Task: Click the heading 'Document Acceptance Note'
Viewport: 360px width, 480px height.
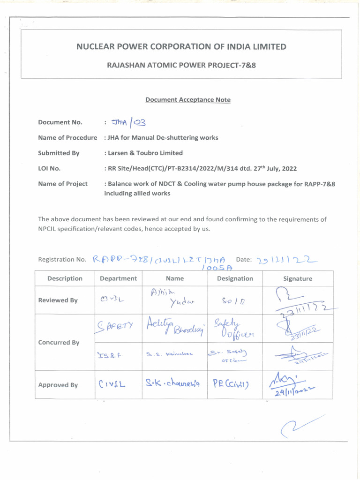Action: pos(187,100)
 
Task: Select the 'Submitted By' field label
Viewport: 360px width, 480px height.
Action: pos(59,153)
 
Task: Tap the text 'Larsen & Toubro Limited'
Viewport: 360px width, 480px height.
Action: pos(144,153)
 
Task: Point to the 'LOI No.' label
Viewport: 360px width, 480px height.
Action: pos(49,168)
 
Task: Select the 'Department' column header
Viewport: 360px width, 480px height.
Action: pos(118,278)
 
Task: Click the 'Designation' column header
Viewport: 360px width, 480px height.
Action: pos(235,278)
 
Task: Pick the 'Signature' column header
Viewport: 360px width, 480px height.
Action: pos(298,278)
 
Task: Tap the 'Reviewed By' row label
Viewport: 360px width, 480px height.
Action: pos(58,300)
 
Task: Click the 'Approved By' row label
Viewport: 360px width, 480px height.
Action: pos(58,385)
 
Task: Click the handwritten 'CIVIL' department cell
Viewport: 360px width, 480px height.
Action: pos(113,385)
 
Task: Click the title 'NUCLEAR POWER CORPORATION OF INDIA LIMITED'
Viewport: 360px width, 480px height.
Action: pos(181,46)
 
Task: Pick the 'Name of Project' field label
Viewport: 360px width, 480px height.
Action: pos(63,184)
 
